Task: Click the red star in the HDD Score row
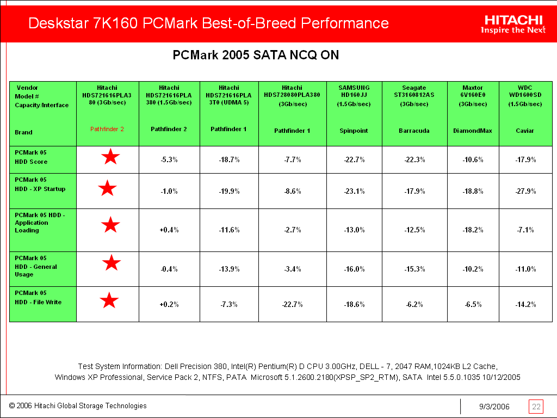pyautogui.click(x=110, y=158)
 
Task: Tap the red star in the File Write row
pyautogui.click(x=109, y=300)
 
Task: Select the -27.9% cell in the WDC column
pyautogui.click(x=525, y=191)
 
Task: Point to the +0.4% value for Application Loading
pyautogui.click(x=169, y=230)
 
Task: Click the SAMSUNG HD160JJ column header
pyautogui.click(x=354, y=95)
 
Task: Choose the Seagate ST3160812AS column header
pyautogui.click(x=414, y=95)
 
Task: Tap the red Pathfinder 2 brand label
pyautogui.click(x=107, y=130)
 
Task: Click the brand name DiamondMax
pyautogui.click(x=472, y=131)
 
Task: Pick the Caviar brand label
pyautogui.click(x=525, y=131)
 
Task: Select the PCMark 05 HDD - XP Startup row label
pyautogui.click(x=40, y=185)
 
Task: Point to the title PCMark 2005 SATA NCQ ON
pyautogui.click(x=256, y=56)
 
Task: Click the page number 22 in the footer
pyautogui.click(x=536, y=407)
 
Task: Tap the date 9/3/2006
pyautogui.click(x=494, y=407)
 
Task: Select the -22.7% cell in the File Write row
pyautogui.click(x=292, y=304)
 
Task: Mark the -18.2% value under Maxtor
pyautogui.click(x=472, y=230)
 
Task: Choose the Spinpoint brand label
pyautogui.click(x=354, y=131)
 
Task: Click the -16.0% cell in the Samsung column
pyautogui.click(x=354, y=269)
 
